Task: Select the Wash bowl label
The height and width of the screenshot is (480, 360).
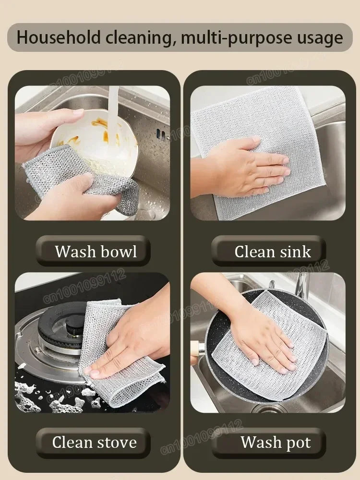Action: pos(96,251)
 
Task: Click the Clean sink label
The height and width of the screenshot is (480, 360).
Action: pos(272,252)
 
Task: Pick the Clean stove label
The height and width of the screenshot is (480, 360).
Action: pos(95,442)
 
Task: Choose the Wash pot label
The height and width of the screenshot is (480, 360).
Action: pos(276,442)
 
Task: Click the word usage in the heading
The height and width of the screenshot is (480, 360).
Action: pos(317,37)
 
